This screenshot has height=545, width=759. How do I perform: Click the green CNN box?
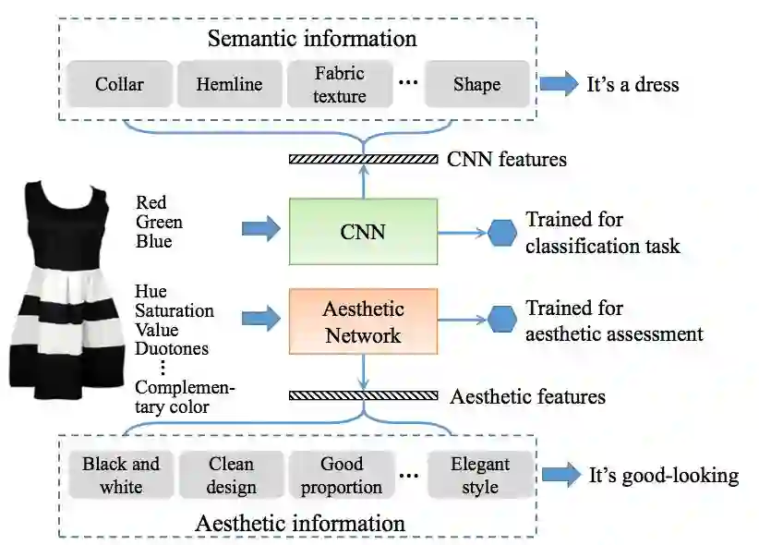363,232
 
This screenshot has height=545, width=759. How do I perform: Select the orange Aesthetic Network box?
363,321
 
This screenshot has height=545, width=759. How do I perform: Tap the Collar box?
119,85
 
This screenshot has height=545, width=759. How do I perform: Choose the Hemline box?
229,85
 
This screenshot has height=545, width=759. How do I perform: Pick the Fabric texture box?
340,85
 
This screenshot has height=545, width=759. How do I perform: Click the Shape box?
476,85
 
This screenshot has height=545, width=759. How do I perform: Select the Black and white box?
121,475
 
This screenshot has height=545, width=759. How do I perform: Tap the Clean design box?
231,475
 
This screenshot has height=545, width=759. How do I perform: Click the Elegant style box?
480,475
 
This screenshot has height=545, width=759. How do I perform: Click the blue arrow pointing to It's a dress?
558,85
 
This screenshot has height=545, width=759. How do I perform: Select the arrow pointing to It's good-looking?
560,476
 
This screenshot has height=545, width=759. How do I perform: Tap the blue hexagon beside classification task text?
502,232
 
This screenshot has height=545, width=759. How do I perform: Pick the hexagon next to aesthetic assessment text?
502,321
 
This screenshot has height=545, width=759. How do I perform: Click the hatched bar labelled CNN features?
363,159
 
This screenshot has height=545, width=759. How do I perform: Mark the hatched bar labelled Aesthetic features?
363,395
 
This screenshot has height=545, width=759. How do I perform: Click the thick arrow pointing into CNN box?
260,228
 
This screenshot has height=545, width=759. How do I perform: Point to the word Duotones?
171,348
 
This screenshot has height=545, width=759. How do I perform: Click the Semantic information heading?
312,39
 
